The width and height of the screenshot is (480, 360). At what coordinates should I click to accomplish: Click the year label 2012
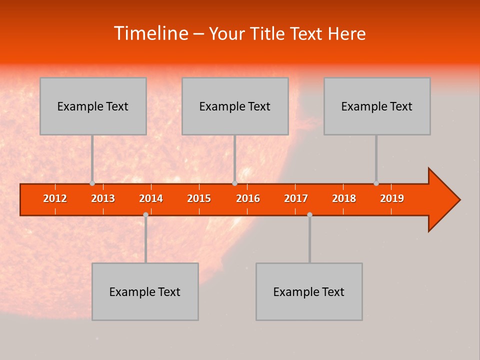tap(55, 199)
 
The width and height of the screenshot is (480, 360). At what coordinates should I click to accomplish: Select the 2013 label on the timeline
tap(103, 199)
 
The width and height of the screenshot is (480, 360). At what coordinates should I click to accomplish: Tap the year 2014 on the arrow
tap(151, 199)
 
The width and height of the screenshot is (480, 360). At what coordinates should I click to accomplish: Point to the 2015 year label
tap(199, 199)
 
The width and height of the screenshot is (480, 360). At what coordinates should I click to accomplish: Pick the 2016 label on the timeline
tap(248, 199)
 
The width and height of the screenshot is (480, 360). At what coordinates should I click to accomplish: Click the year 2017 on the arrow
tap(296, 199)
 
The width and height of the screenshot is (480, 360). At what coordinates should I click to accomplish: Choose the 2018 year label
tap(344, 199)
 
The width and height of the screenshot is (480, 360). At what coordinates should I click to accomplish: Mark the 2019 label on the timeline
tap(392, 199)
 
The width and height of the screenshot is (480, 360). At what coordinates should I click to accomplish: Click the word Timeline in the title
tap(150, 33)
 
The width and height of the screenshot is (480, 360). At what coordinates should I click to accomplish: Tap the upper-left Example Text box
tap(93, 106)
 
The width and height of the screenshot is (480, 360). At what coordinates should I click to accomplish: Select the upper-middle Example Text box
tap(235, 106)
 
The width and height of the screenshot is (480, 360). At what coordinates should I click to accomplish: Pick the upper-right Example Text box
tap(377, 106)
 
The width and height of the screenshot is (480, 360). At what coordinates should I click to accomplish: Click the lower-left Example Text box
tap(145, 291)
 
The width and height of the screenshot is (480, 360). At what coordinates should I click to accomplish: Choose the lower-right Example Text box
tap(309, 291)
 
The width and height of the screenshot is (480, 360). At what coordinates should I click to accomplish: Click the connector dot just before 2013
tap(92, 183)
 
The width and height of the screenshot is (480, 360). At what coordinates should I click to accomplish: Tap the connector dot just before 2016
tap(234, 183)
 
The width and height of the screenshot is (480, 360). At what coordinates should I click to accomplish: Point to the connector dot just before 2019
tap(376, 183)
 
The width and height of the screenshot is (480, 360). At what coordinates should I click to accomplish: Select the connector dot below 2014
tap(145, 214)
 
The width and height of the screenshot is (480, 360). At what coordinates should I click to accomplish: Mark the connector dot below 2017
tap(309, 214)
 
